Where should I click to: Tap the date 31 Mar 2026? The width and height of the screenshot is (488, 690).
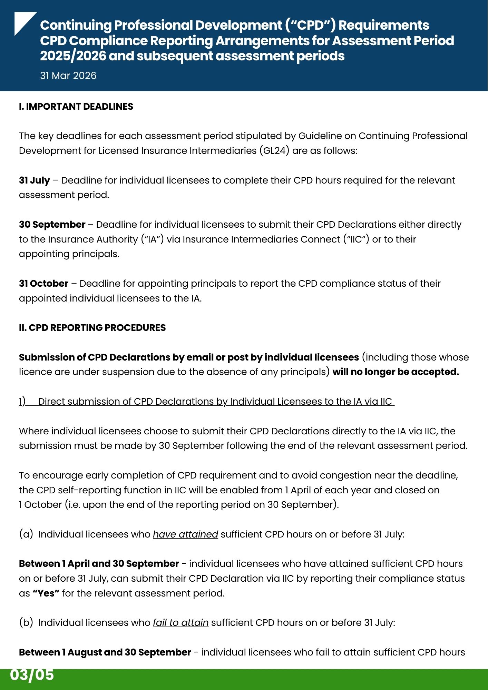pos(68,76)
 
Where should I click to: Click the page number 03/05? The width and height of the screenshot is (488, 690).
pos(32,675)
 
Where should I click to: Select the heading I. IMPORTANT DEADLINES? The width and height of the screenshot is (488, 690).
pos(76,107)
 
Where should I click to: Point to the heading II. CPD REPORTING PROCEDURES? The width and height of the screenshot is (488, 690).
pos(92,328)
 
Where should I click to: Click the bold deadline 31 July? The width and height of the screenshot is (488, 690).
pos(35,180)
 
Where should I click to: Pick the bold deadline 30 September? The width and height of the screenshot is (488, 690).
pos(52,225)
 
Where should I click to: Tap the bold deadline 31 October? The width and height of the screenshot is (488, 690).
pos(44,284)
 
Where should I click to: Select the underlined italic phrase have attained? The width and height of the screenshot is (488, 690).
pos(185,534)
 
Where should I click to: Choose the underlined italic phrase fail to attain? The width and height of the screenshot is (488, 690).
pos(180,623)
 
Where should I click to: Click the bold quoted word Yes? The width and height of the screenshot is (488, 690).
pos(46,593)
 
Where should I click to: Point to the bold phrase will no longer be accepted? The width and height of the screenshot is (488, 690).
pos(396,372)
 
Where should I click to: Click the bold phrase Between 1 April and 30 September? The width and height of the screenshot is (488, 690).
pos(99,564)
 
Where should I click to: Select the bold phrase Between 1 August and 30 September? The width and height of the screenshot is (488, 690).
pos(105,652)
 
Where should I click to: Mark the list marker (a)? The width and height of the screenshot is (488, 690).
pos(26,534)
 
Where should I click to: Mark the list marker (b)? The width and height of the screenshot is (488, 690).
pos(26,623)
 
